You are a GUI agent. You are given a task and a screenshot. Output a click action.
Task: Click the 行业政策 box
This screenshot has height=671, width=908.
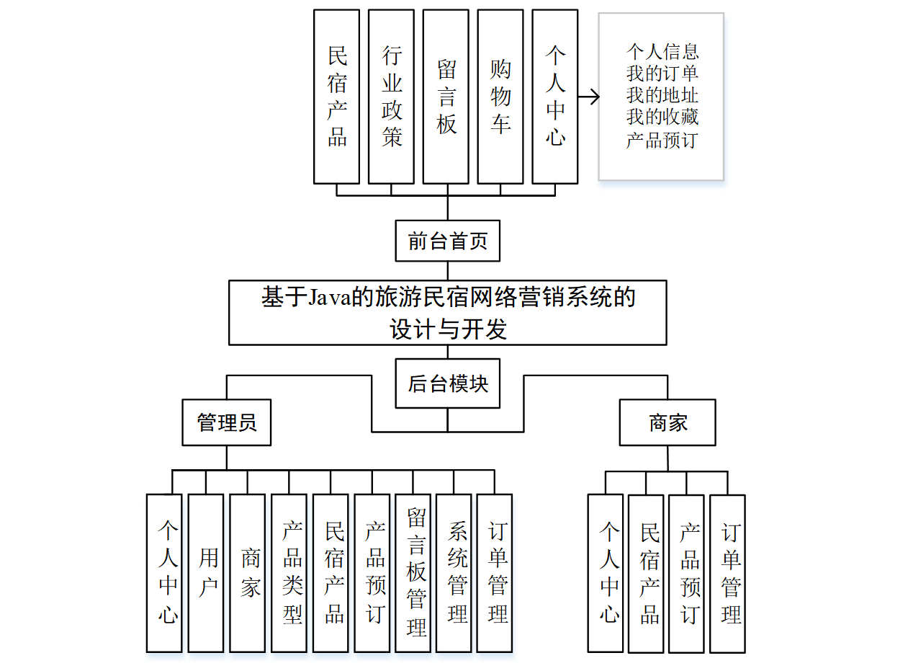(391, 97)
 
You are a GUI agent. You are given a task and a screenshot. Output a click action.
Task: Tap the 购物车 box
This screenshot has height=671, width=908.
(500, 97)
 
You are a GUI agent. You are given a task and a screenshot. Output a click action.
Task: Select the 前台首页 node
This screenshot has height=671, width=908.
(447, 241)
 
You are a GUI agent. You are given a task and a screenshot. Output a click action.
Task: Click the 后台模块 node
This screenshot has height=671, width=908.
(447, 383)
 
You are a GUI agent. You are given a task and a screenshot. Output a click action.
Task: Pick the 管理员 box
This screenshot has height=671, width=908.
(227, 422)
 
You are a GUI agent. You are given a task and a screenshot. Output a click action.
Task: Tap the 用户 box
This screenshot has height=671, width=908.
(206, 573)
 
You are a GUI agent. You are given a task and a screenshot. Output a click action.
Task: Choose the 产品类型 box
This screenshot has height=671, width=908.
(289, 573)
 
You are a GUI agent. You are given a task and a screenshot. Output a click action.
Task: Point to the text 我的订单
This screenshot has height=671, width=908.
(662, 74)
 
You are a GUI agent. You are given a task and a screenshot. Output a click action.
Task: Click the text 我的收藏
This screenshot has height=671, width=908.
(662, 117)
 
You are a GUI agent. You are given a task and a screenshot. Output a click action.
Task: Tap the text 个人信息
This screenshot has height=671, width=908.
(662, 52)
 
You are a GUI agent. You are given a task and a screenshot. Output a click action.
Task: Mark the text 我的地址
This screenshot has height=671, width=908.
(662, 95)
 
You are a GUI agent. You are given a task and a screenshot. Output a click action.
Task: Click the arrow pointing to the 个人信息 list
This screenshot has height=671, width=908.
(589, 97)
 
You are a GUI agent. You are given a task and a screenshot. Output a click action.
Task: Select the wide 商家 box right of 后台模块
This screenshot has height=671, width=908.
(667, 423)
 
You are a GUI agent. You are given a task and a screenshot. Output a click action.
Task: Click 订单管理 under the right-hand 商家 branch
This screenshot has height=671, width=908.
(727, 574)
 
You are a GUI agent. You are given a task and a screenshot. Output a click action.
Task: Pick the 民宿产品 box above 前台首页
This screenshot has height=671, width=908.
(336, 97)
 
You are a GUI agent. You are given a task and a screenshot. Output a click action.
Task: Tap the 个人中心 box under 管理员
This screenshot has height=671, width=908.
(164, 573)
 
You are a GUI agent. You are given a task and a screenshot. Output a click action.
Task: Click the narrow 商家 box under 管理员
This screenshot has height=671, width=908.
(248, 573)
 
